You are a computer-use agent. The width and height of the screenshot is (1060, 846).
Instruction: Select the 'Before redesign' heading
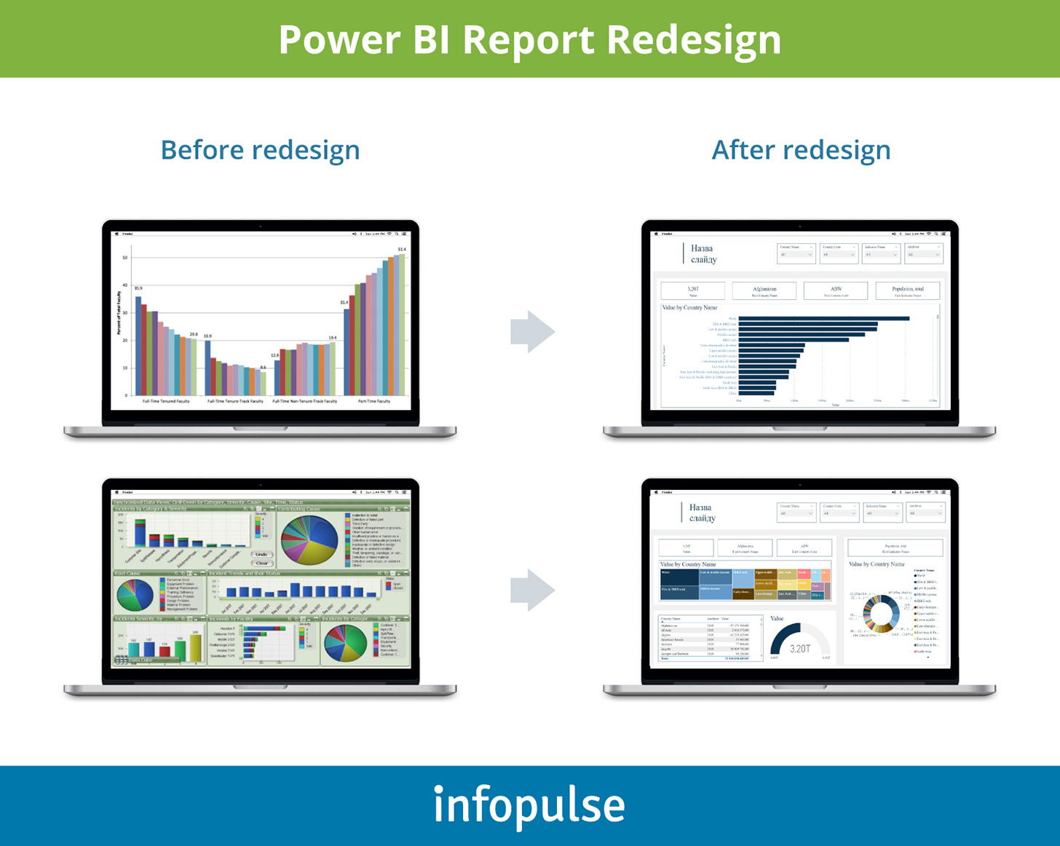tap(260, 150)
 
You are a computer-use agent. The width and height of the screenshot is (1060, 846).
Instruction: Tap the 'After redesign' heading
tap(801, 150)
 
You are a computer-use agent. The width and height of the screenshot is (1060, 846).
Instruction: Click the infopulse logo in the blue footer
tap(529, 805)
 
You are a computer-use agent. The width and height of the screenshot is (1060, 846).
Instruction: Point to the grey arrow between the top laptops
tap(532, 332)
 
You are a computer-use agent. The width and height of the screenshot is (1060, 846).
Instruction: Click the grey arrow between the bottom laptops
tap(532, 590)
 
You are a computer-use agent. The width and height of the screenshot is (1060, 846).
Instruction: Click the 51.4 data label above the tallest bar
tap(402, 249)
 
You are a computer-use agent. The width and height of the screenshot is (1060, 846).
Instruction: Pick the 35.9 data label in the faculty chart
tap(138, 288)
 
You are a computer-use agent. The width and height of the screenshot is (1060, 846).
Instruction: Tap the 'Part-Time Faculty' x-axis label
tap(374, 401)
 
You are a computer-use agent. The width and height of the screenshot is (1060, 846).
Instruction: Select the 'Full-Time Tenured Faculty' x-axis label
tap(166, 401)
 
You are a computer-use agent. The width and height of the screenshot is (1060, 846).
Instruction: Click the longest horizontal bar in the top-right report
tap(823, 318)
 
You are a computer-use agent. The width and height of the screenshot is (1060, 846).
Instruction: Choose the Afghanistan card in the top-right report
tap(764, 290)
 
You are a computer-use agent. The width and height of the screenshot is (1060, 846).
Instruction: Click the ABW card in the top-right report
tap(835, 290)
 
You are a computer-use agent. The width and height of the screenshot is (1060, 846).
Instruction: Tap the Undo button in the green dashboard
tap(261, 554)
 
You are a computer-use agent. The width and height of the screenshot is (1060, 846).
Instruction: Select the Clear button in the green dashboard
tap(261, 563)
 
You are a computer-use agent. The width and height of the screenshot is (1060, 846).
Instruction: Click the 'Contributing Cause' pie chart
tap(309, 540)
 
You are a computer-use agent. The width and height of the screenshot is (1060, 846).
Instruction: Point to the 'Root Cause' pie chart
tap(135, 595)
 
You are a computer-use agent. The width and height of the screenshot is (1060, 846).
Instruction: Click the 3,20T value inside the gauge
tap(799, 648)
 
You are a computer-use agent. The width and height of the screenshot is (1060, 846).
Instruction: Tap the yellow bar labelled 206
tap(195, 648)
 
